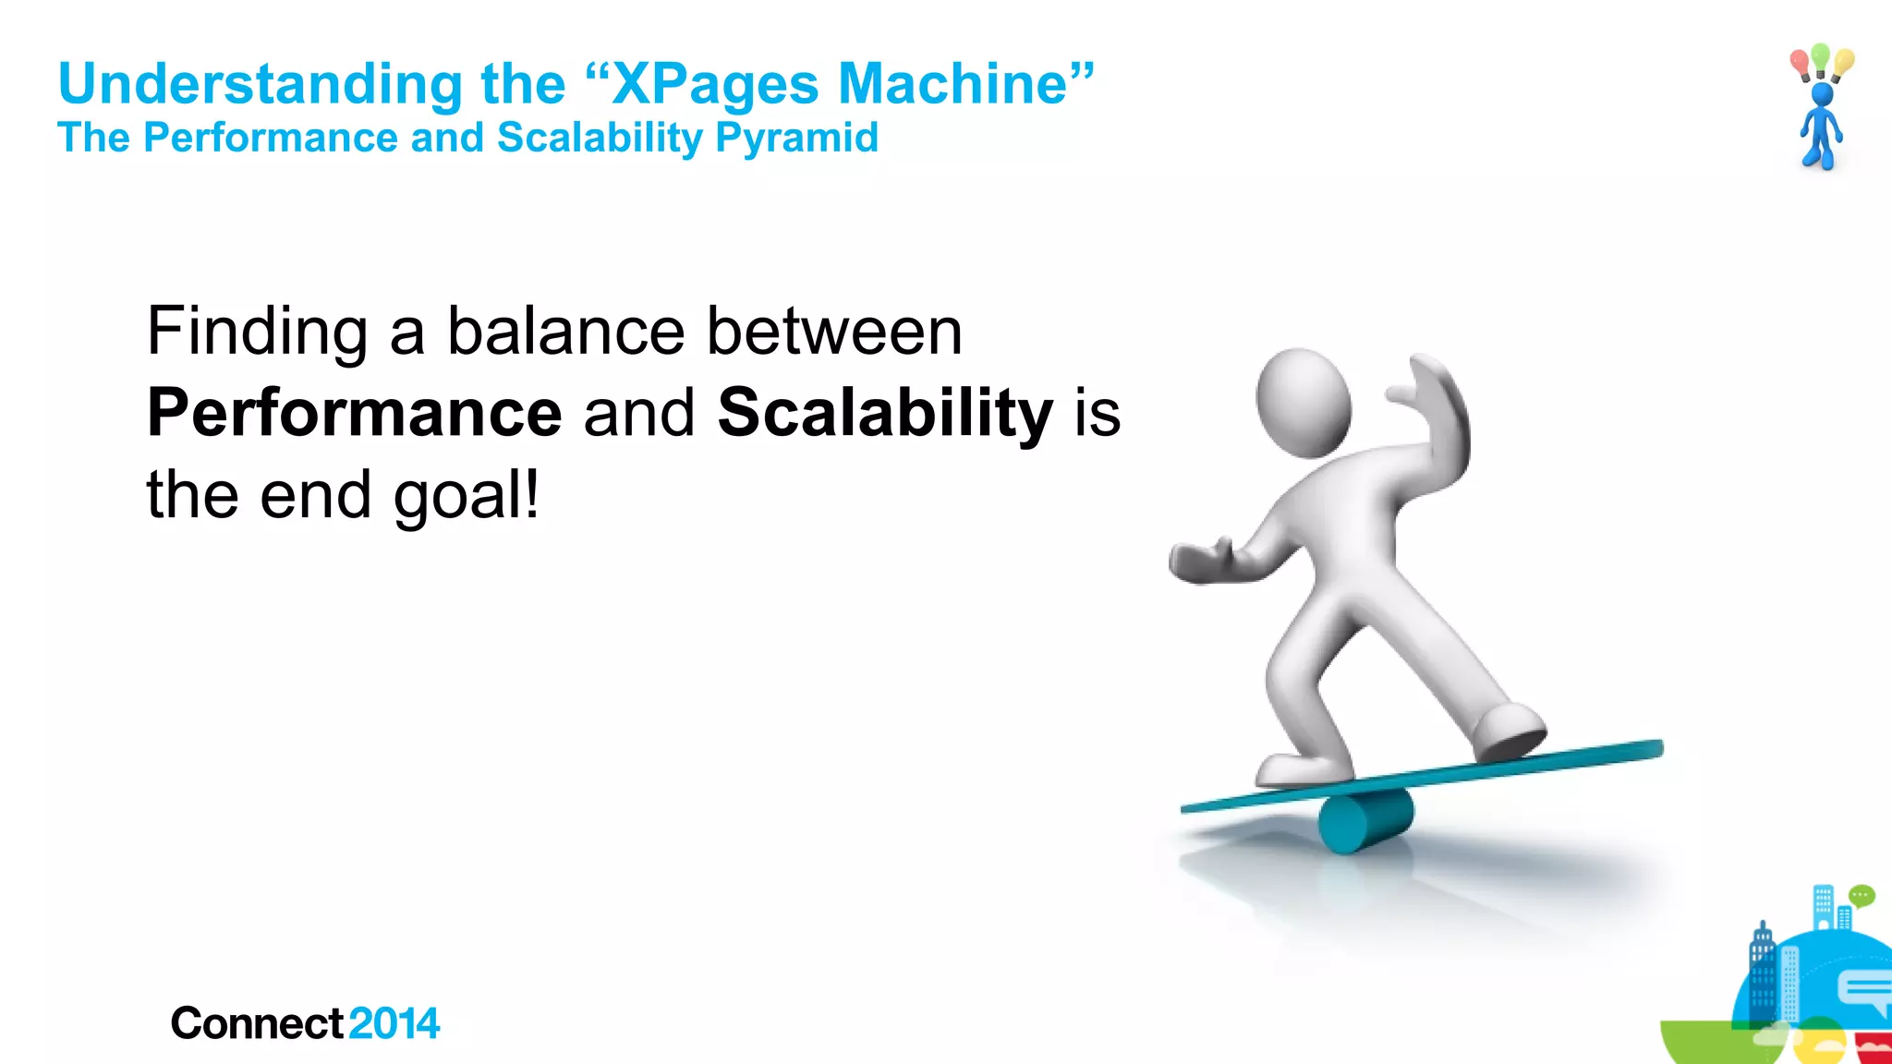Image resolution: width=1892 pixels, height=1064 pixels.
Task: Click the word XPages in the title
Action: click(x=714, y=85)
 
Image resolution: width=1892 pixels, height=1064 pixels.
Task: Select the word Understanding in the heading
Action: click(x=260, y=85)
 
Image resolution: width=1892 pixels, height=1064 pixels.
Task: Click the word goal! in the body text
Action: click(x=466, y=496)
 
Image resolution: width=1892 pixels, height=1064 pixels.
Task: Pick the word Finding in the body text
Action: click(x=257, y=332)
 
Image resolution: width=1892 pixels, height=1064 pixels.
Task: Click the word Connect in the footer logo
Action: click(x=257, y=1023)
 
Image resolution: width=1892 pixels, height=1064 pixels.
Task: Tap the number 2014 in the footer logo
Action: click(x=394, y=1023)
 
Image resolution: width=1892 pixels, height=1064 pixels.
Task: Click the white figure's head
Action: click(x=1303, y=402)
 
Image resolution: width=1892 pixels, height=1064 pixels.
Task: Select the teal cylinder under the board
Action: click(x=1364, y=819)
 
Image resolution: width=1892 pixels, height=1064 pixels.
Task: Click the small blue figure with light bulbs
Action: click(x=1820, y=125)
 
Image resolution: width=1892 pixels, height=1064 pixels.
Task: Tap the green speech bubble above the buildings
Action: click(x=1862, y=895)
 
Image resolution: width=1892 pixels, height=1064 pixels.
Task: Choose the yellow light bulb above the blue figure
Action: click(x=1844, y=62)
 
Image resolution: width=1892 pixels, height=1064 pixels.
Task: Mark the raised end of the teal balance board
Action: click(x=1644, y=748)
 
